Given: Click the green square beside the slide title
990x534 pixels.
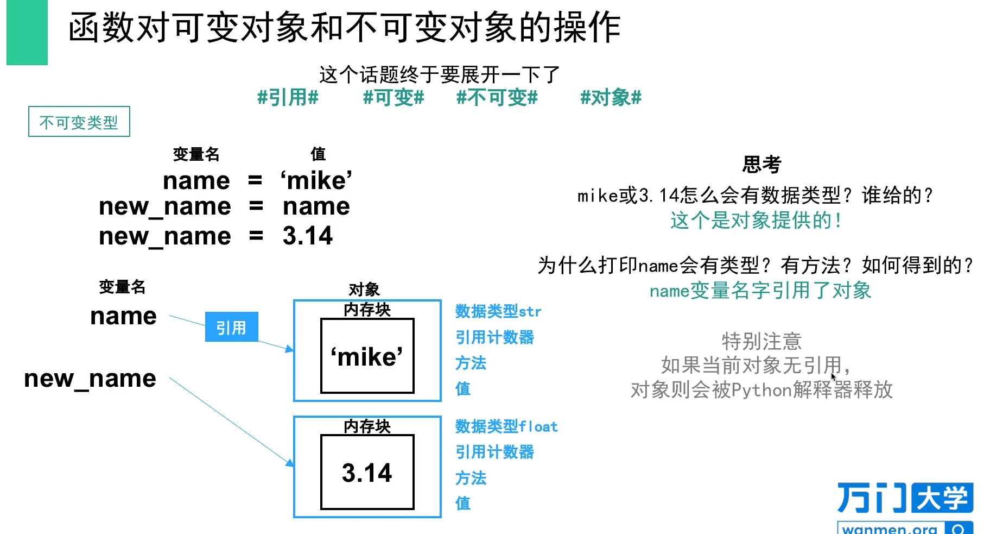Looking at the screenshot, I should pyautogui.click(x=27, y=33).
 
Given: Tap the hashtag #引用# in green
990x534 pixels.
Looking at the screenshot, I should pyautogui.click(x=288, y=98).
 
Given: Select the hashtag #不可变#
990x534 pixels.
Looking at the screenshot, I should pyautogui.click(x=497, y=98).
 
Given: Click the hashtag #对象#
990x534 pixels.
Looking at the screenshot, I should pyautogui.click(x=611, y=98).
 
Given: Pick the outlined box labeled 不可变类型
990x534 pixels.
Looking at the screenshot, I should pyautogui.click(x=79, y=122).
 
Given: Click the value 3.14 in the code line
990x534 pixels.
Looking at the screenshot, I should pyautogui.click(x=307, y=236).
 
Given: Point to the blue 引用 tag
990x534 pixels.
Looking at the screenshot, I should pyautogui.click(x=231, y=327).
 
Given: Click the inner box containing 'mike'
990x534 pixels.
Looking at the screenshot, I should pyautogui.click(x=367, y=356).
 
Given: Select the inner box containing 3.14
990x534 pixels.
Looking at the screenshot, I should pyautogui.click(x=367, y=473).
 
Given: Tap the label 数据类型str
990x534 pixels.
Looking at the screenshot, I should pyautogui.click(x=498, y=312).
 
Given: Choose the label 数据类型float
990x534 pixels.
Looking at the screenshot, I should pyautogui.click(x=506, y=427).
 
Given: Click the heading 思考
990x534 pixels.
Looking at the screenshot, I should pyautogui.click(x=761, y=164).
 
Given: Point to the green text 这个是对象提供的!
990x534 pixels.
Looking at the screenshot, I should pyautogui.click(x=756, y=221).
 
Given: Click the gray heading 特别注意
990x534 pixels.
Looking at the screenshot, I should pyautogui.click(x=761, y=341).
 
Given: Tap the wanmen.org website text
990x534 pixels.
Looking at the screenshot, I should pyautogui.click(x=890, y=529).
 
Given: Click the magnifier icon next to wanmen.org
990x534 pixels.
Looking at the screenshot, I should pyautogui.click(x=959, y=529).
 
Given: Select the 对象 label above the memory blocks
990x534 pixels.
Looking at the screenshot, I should pyautogui.click(x=364, y=289).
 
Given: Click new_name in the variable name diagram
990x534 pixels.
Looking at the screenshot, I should pyautogui.click(x=90, y=379).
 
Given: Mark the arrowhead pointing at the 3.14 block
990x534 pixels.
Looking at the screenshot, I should pyautogui.click(x=290, y=463).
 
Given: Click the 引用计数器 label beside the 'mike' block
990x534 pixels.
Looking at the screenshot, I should pyautogui.click(x=494, y=337).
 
